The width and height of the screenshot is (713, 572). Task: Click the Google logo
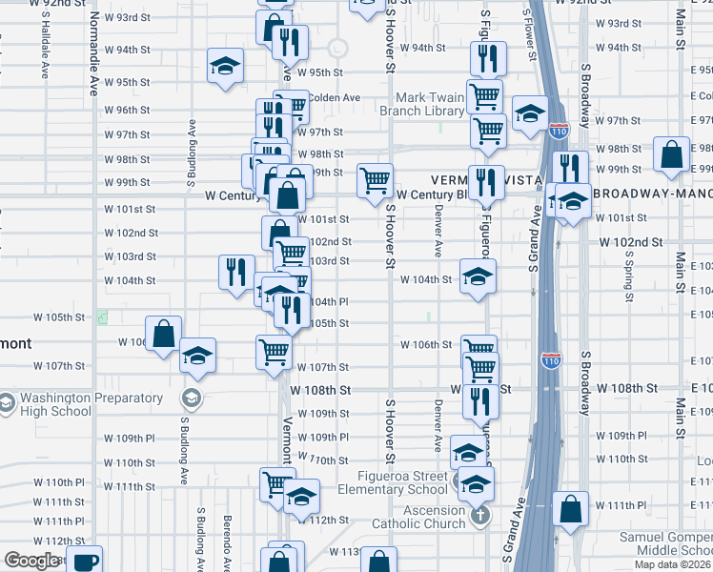32,561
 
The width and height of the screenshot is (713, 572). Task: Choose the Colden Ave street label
334,97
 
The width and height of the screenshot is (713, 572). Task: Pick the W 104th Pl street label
327,301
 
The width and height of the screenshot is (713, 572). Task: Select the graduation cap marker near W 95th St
226,66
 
